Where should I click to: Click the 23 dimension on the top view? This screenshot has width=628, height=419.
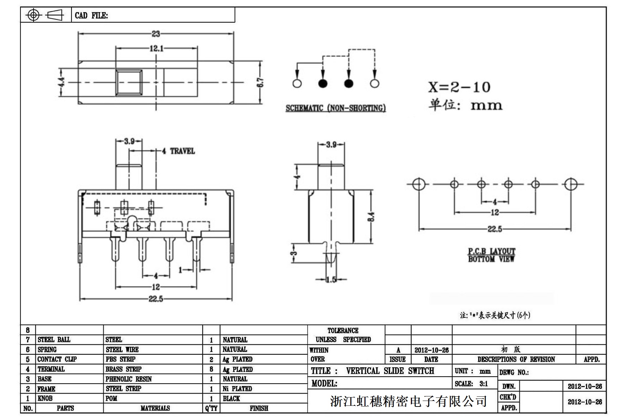(x=156, y=34)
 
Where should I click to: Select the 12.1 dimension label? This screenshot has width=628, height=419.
(x=156, y=48)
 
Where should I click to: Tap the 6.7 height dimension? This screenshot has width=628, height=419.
(x=261, y=82)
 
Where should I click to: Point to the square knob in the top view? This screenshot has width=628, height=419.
(x=129, y=82)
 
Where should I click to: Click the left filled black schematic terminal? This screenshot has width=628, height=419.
(x=323, y=84)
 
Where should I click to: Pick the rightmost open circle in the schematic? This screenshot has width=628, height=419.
(x=375, y=84)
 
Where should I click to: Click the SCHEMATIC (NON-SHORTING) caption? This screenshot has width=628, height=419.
(x=335, y=108)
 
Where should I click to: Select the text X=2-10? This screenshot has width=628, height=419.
(x=459, y=87)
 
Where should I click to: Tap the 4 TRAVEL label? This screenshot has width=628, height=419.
(x=179, y=151)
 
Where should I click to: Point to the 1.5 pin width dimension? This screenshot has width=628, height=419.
(x=331, y=279)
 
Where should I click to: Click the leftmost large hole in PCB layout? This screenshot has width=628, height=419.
(x=419, y=184)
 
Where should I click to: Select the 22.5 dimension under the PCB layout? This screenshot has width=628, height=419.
(x=494, y=229)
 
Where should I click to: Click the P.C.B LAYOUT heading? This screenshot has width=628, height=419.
(x=491, y=251)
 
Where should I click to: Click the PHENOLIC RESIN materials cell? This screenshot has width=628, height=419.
(x=129, y=379)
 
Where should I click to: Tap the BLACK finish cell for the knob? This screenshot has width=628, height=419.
(x=231, y=399)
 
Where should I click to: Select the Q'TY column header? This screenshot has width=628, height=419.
(x=211, y=408)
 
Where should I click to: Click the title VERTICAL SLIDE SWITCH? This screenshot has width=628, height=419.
(x=390, y=371)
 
